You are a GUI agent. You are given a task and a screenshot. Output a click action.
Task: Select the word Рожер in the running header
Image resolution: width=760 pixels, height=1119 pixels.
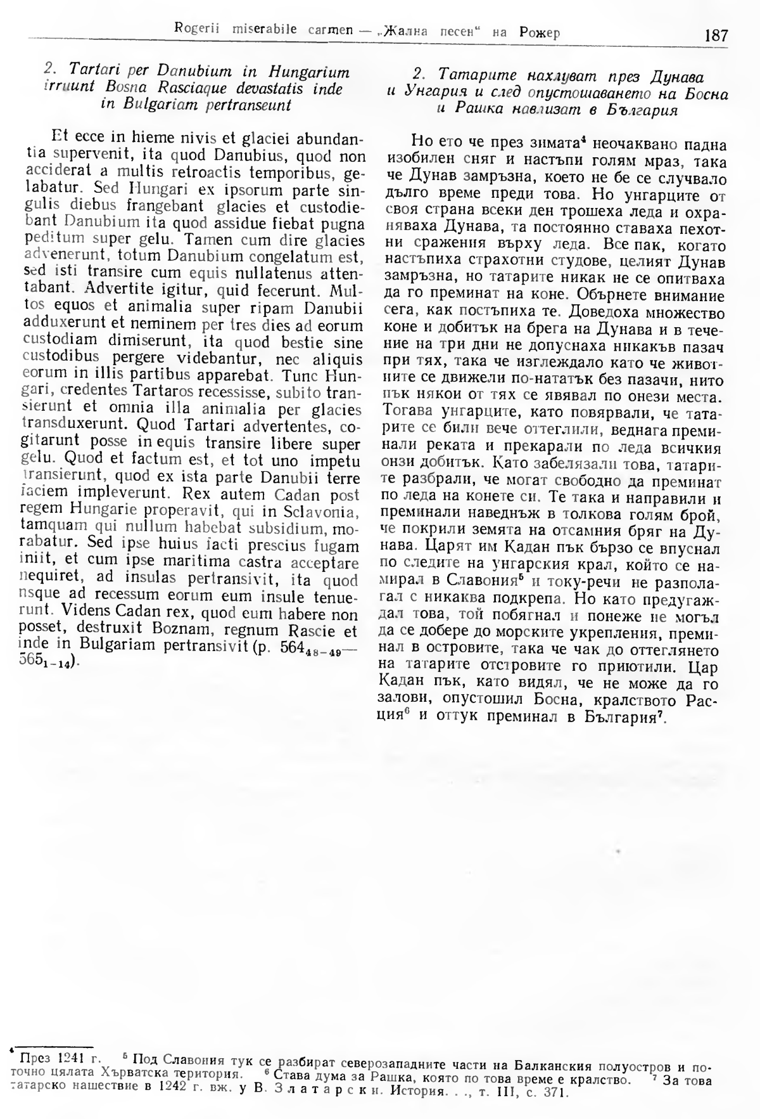pos(538,32)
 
